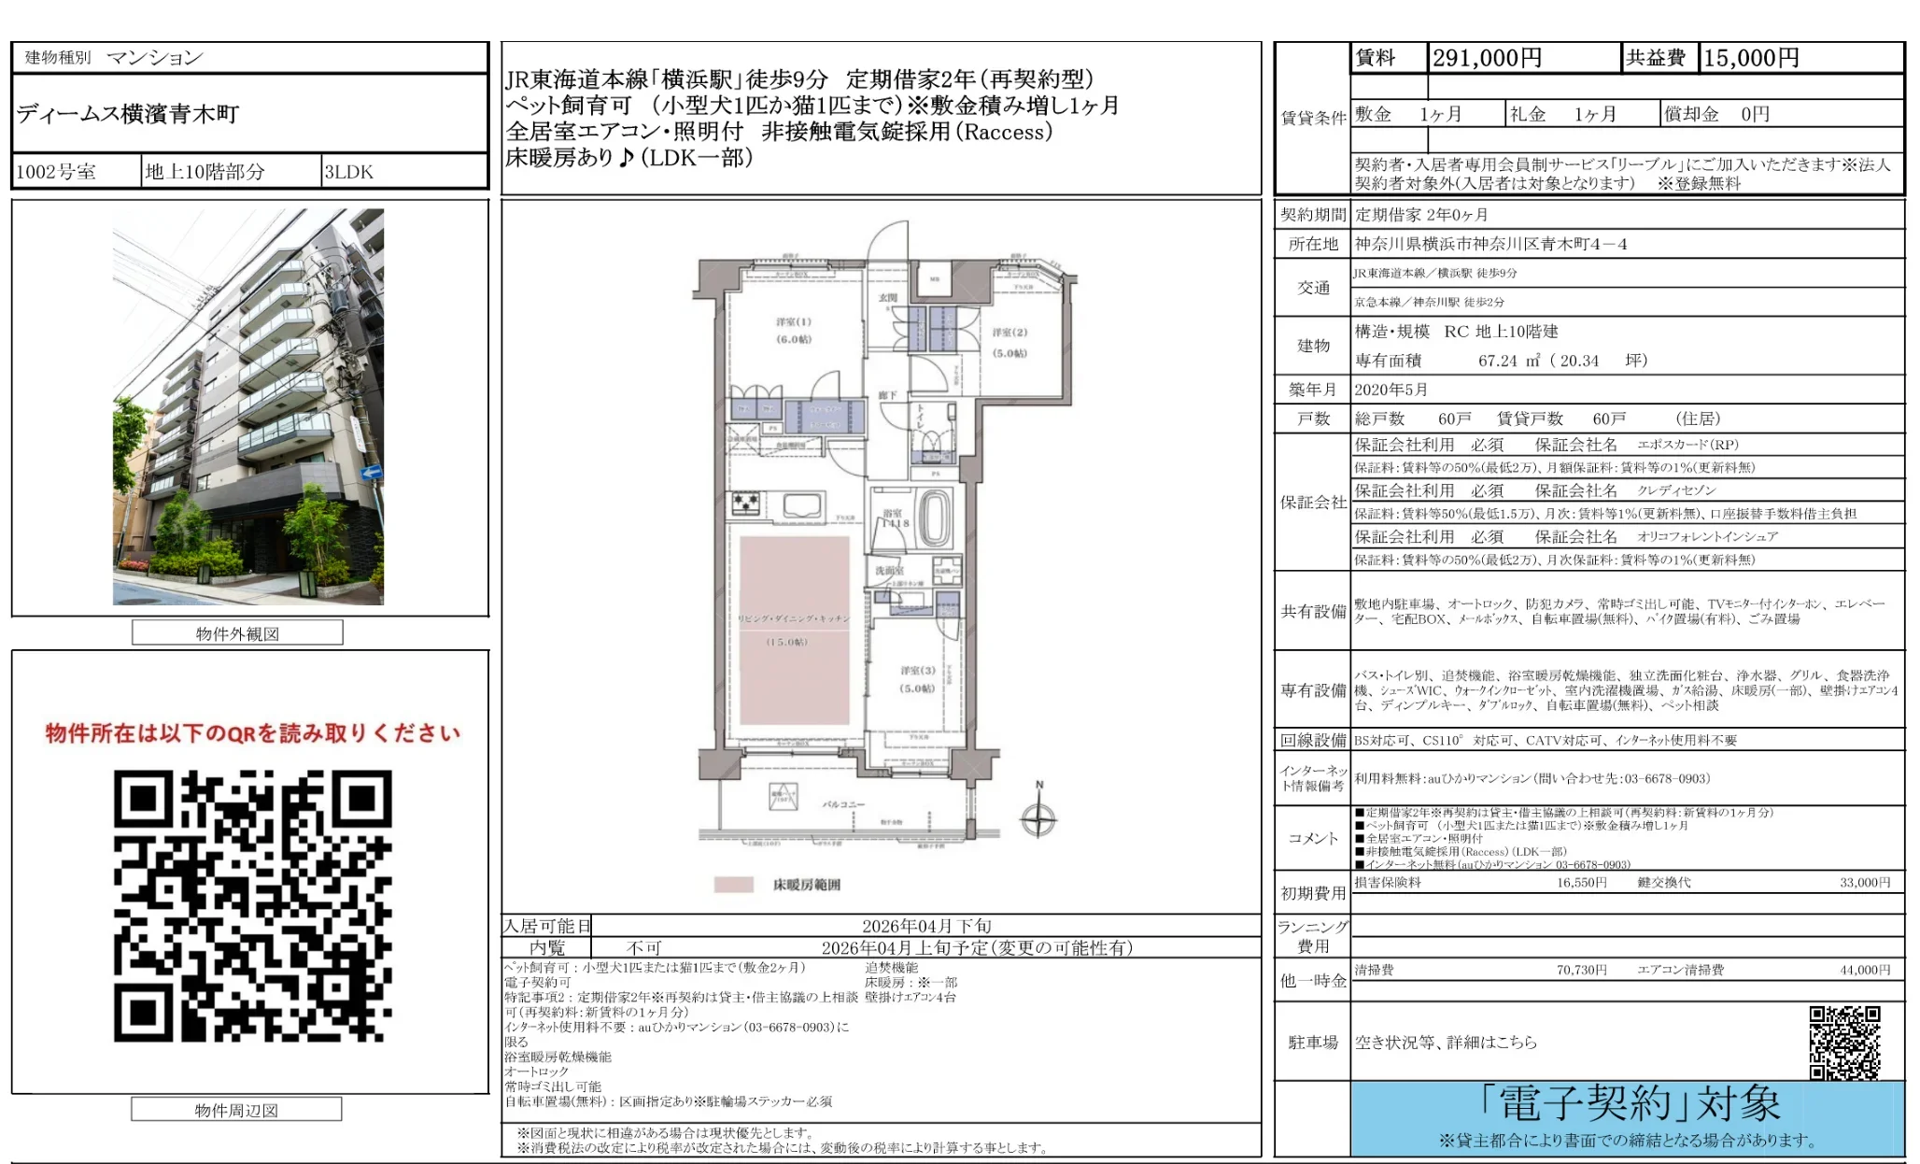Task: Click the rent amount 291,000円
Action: pos(1487,58)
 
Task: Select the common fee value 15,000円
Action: pos(1751,58)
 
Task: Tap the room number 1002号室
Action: pos(56,172)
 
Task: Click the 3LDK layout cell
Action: pos(348,172)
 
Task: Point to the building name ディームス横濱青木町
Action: pos(128,114)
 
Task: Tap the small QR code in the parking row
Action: pos(1844,1042)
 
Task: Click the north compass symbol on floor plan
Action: pos(1038,819)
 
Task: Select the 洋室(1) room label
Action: pos(794,322)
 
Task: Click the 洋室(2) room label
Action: pos(1009,333)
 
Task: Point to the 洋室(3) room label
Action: pos(917,671)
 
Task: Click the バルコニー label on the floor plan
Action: pos(843,803)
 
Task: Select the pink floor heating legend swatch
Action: pos(733,885)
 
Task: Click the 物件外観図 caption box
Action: pos(237,633)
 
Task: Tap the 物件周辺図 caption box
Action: pos(236,1110)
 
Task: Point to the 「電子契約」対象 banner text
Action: pos(1629,1104)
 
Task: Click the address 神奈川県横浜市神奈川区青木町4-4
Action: pos(1490,244)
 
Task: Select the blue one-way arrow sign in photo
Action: pos(371,472)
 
